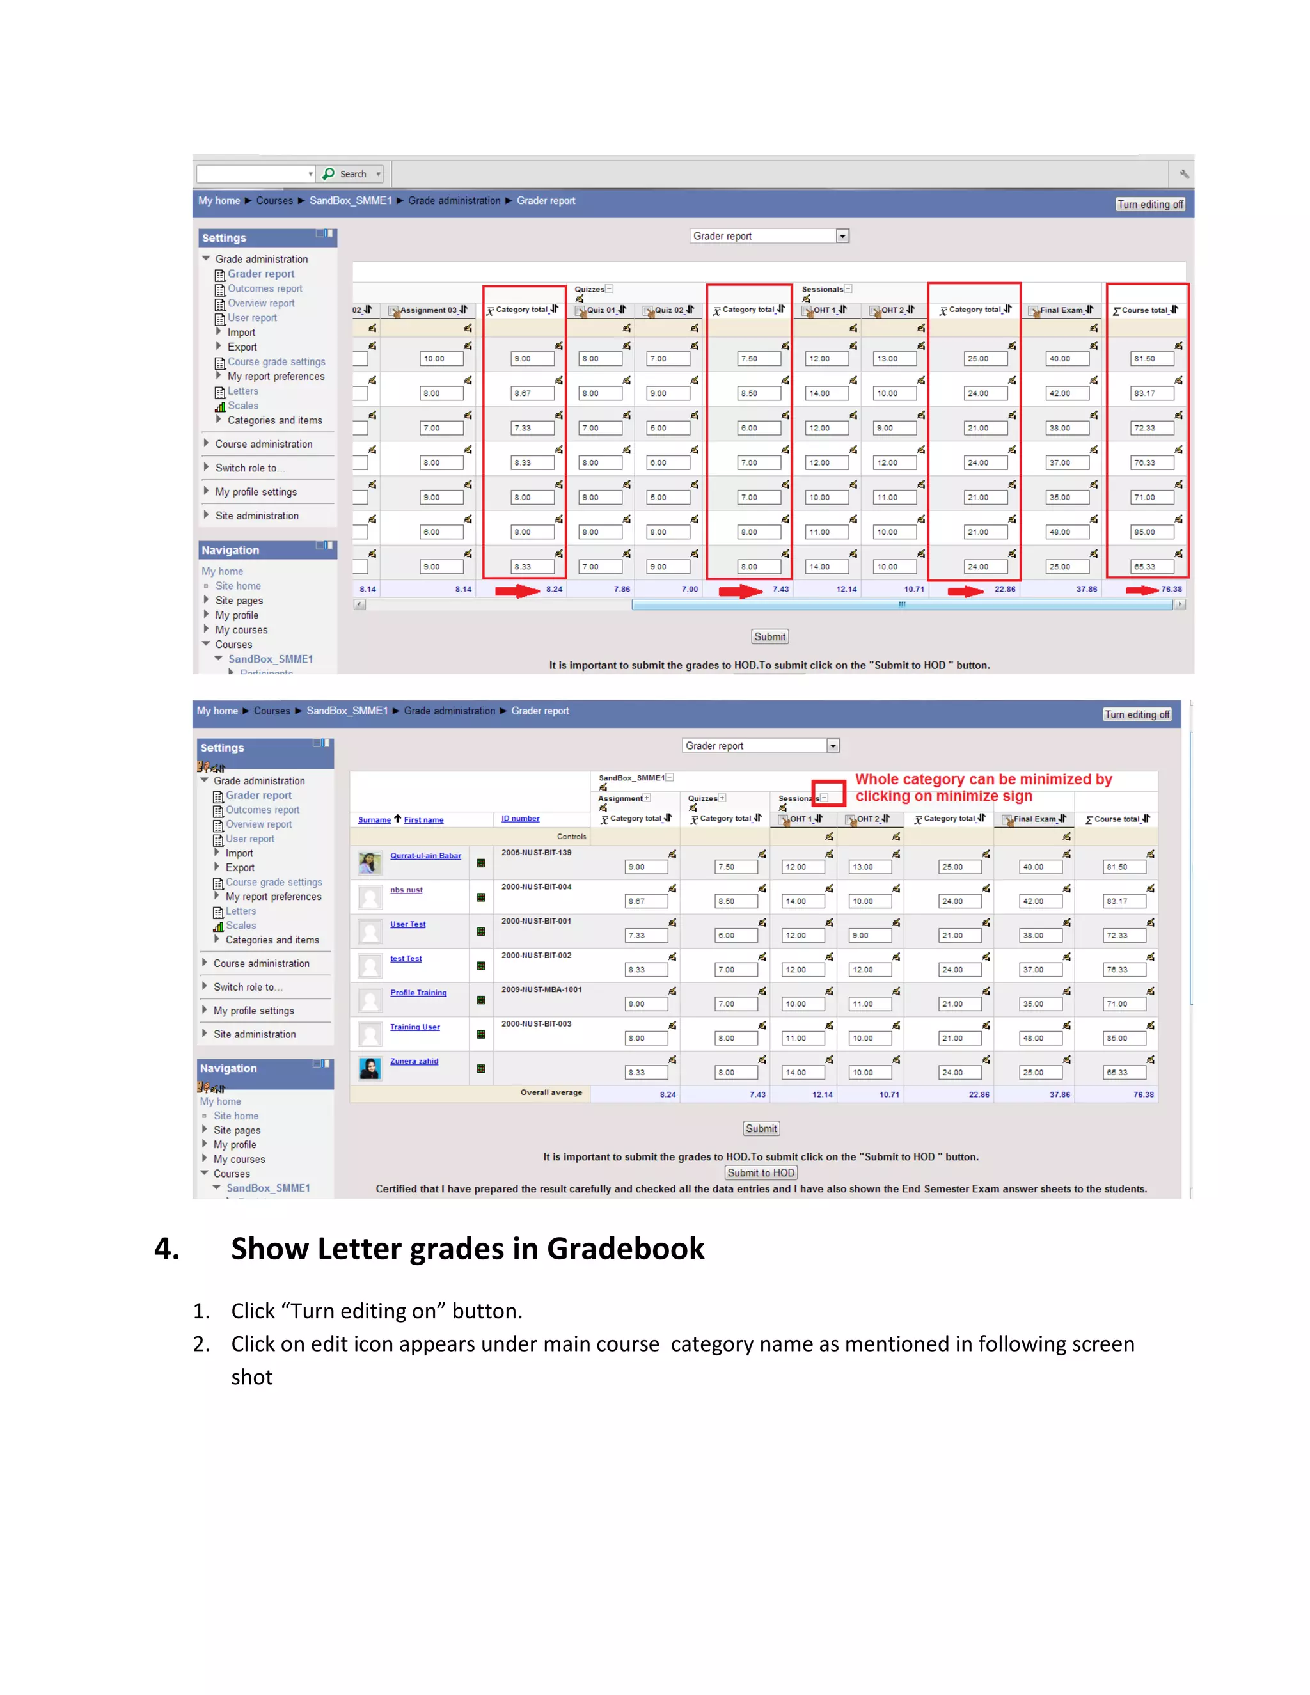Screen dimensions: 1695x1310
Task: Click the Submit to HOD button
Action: [x=761, y=1172]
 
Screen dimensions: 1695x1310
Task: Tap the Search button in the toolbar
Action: [x=349, y=174]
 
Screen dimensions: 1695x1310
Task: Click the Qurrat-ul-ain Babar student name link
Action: [x=425, y=855]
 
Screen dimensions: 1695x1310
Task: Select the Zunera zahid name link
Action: [x=414, y=1061]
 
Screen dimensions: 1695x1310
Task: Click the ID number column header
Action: [x=520, y=818]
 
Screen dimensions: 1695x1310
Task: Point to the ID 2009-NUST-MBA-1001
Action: [x=541, y=989]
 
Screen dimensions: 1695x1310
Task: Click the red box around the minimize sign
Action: [x=828, y=794]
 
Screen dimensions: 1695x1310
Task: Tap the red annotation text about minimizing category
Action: [x=982, y=787]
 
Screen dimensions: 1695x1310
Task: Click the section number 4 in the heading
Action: [x=167, y=1249]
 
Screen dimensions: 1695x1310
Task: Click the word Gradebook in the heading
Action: [x=625, y=1249]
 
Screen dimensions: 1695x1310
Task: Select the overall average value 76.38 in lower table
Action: [x=1142, y=1094]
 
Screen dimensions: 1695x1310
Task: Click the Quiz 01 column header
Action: [x=601, y=310]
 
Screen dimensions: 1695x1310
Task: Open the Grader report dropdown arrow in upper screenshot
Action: [x=842, y=236]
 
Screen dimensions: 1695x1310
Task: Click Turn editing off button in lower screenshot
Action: [x=1137, y=715]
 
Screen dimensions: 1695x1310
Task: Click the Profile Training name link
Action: [x=418, y=993]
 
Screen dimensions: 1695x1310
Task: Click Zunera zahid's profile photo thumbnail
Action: [x=370, y=1069]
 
